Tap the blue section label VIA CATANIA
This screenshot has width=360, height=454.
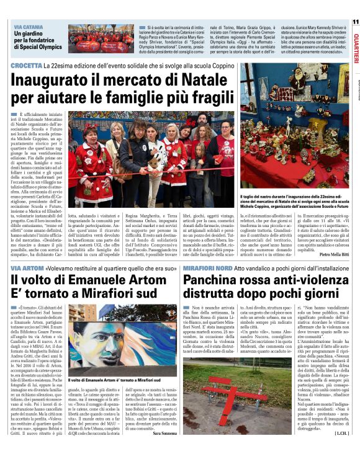click(x=28, y=28)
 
